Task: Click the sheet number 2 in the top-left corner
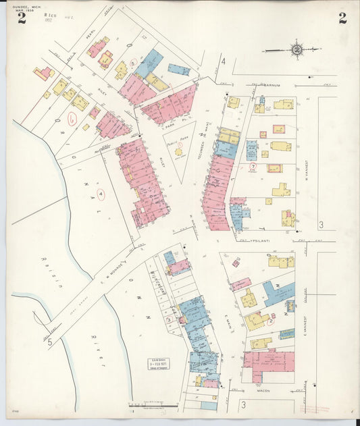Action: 22,18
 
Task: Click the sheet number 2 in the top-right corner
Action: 342,18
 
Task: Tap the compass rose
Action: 297,49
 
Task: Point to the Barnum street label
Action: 272,86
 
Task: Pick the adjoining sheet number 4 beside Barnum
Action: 222,61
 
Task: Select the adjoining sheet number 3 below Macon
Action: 242,404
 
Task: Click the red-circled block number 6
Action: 72,117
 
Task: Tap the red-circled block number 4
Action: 101,195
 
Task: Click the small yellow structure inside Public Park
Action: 179,152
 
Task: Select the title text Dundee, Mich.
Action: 26,6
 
